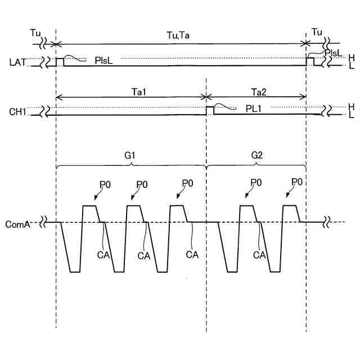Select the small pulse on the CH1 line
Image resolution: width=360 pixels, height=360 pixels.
[210, 110]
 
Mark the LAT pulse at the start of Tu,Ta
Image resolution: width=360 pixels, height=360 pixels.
[60, 61]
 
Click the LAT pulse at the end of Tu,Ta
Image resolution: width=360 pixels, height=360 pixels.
[310, 61]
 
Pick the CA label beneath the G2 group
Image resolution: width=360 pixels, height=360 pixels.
[259, 255]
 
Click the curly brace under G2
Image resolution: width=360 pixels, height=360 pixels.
[256, 165]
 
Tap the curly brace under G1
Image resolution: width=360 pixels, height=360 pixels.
[131, 165]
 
